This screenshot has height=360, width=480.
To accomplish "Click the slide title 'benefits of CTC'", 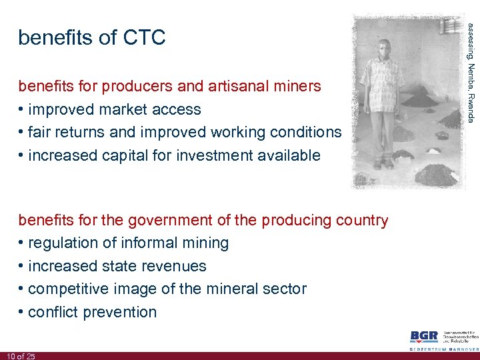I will point(92,38).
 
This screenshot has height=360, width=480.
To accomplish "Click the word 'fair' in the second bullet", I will point(41,132).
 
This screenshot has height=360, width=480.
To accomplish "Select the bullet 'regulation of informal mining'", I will point(129,243).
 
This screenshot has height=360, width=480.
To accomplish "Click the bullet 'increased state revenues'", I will point(117,266).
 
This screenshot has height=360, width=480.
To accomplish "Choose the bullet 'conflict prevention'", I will point(93,312).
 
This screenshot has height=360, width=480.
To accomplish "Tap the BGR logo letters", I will point(424,337).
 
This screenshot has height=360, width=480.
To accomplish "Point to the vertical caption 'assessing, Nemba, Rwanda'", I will point(471,72).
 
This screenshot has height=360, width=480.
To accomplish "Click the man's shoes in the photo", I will point(383,163).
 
